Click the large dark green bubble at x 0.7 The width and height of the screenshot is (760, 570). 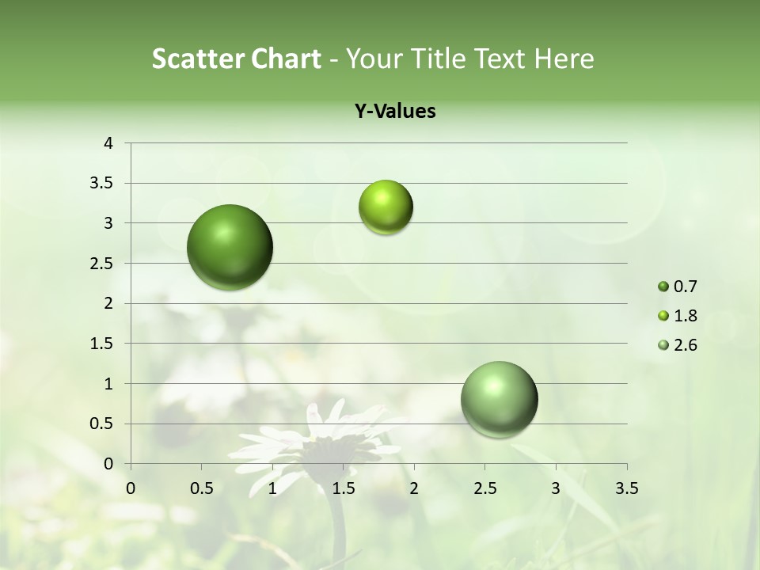pos(230,247)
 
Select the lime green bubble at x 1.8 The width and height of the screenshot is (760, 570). pos(386,207)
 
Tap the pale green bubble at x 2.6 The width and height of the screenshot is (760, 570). pos(499,399)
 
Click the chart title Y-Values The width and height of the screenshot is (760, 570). pos(395,112)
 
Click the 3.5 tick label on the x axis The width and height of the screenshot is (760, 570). pos(627,488)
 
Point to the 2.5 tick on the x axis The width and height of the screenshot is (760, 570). pos(485,488)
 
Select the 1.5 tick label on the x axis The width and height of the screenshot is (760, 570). pos(344,488)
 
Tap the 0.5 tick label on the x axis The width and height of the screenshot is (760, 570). pos(202,488)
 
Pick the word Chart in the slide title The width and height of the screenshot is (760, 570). pos(286,59)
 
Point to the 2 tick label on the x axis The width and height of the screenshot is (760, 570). pos(414,488)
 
